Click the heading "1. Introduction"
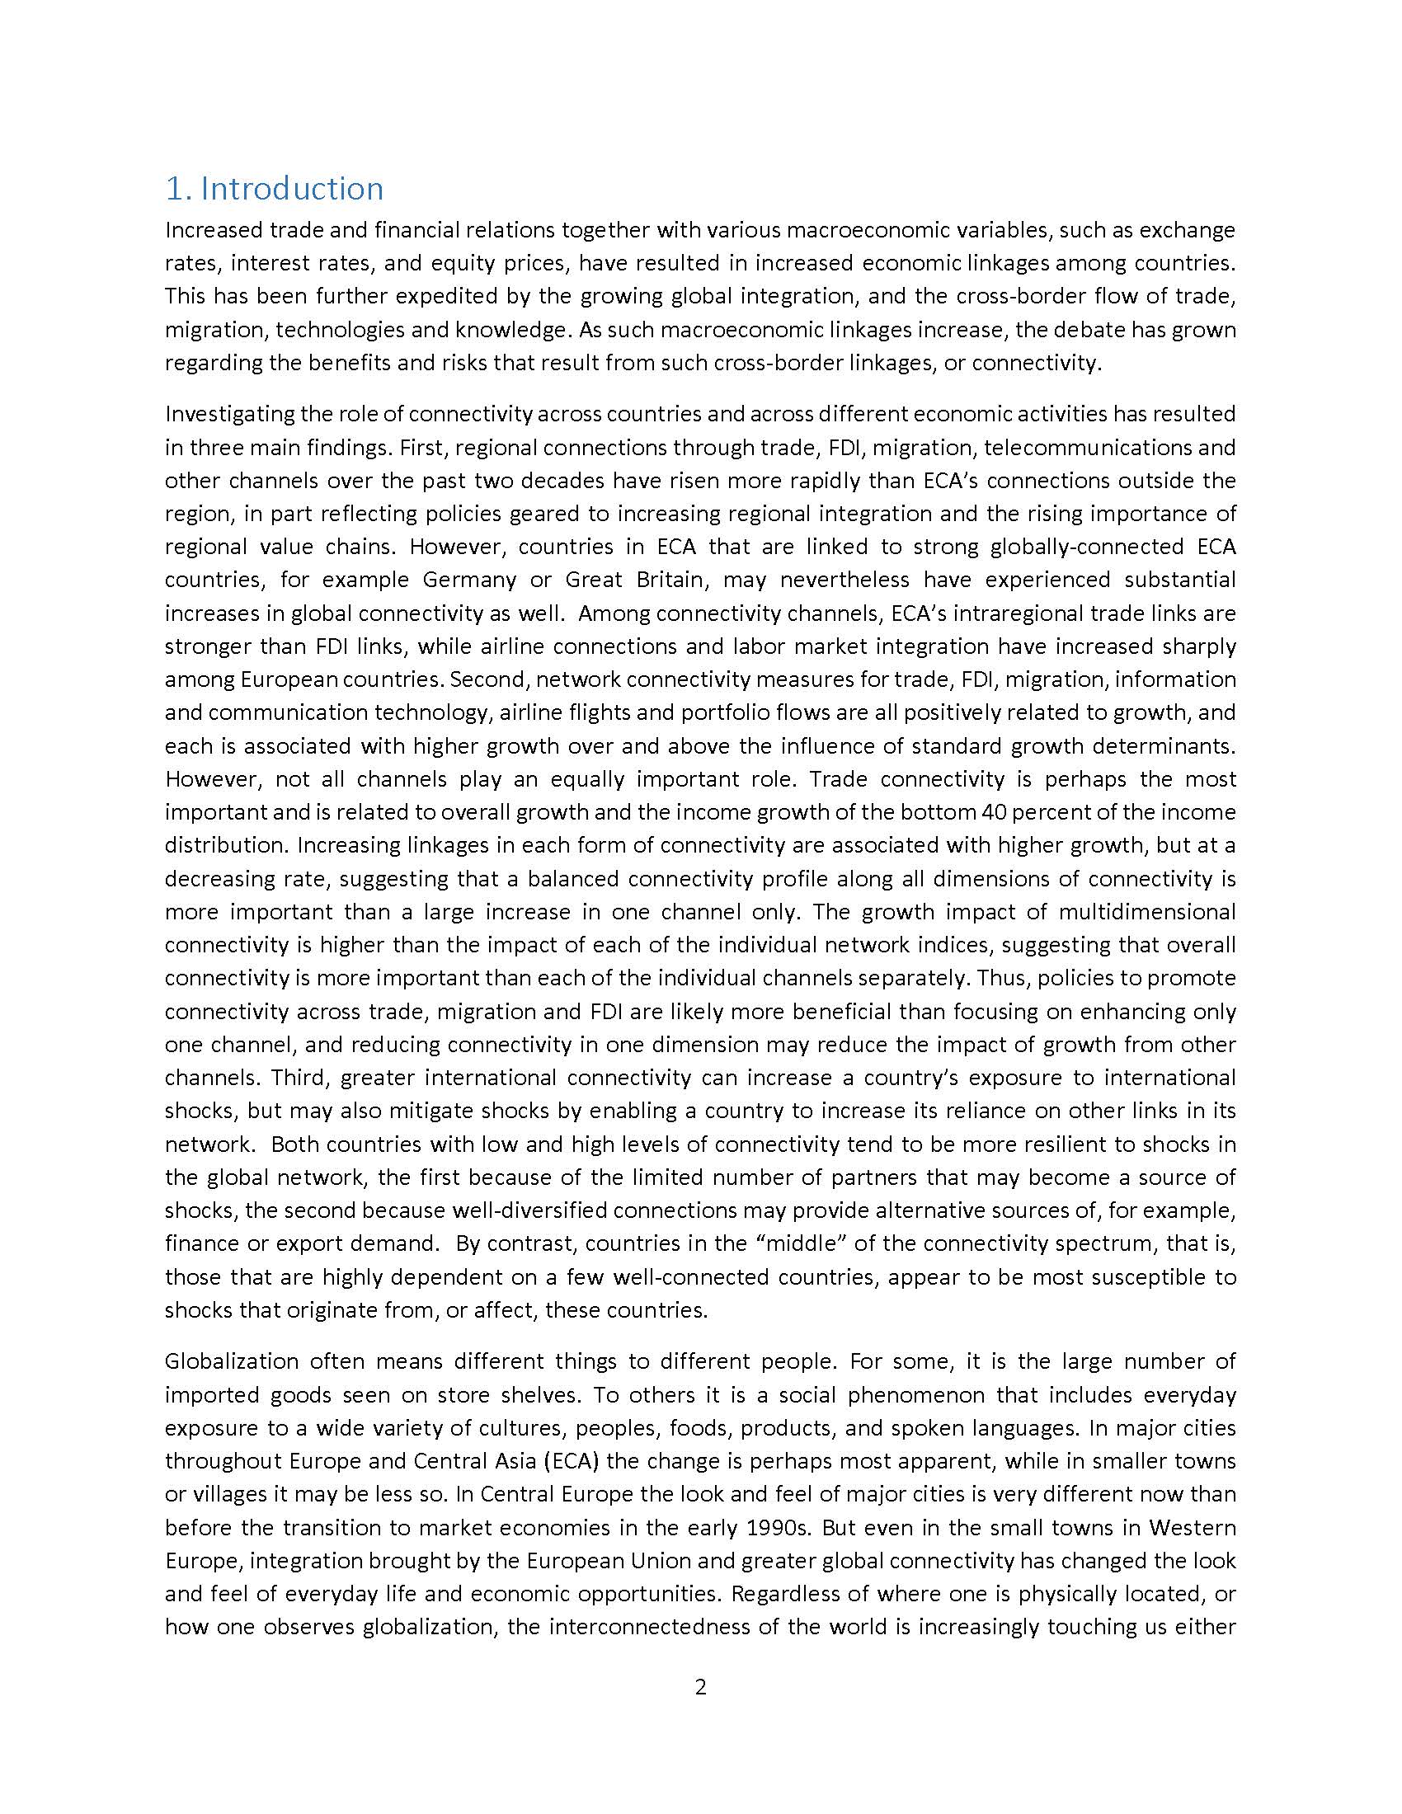(274, 190)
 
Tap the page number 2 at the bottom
(700, 1687)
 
